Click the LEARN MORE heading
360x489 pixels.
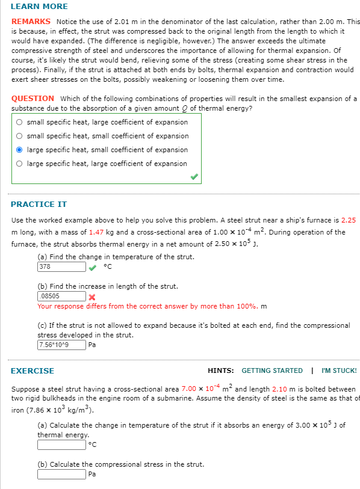(39, 7)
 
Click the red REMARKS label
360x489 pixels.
(31, 21)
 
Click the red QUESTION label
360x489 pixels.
(33, 99)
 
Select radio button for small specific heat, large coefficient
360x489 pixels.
(20, 122)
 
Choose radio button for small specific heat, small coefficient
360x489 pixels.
(20, 136)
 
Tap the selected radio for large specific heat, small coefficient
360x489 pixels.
(20, 150)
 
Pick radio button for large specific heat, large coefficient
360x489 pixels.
(20, 164)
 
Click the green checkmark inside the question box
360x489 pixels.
(193, 177)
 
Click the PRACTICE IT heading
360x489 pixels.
(39, 205)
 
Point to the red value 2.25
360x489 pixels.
(348, 220)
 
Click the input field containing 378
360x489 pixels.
(61, 267)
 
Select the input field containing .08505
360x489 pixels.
(61, 297)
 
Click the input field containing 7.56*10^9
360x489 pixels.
(61, 345)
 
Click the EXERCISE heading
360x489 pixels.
(33, 371)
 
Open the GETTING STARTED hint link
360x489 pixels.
(272, 371)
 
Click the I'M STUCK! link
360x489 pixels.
(339, 371)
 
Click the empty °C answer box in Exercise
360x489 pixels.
(61, 445)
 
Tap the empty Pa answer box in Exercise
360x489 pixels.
(61, 475)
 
